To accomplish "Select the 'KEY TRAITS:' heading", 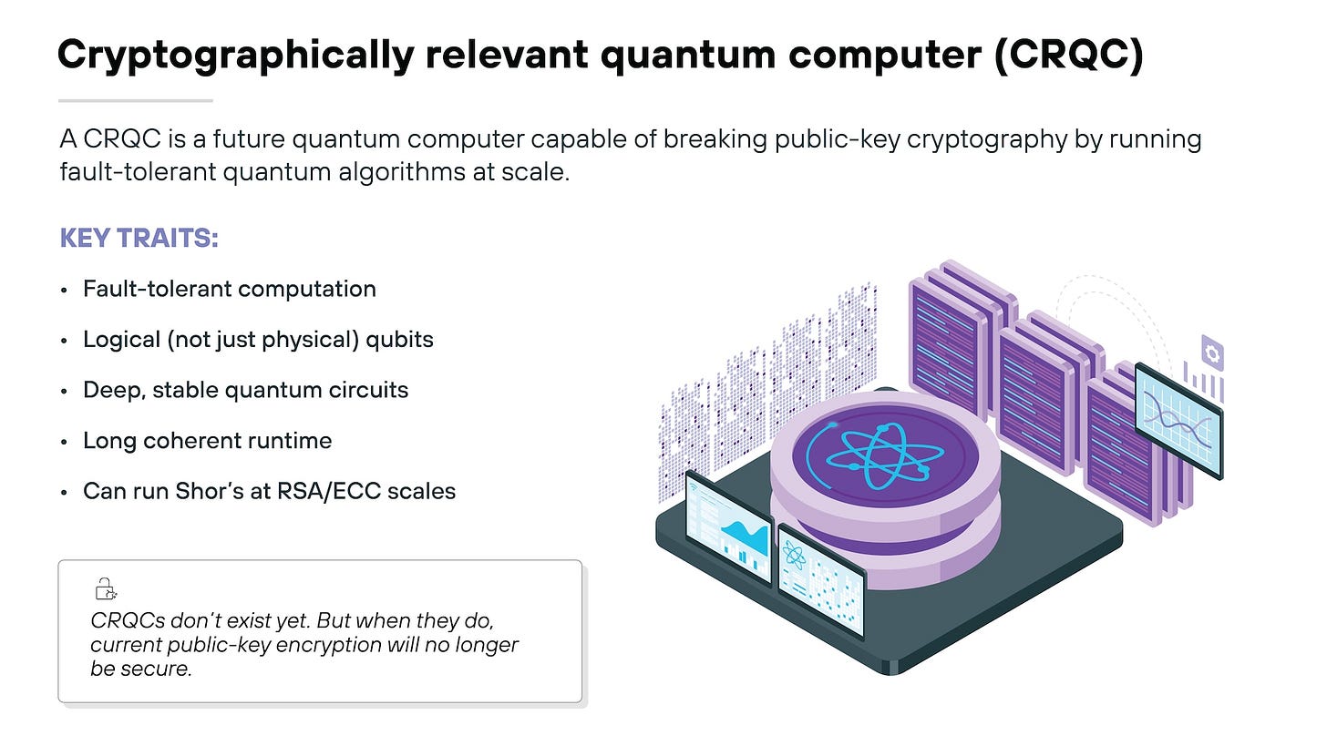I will tap(139, 239).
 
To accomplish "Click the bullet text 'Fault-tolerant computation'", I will tap(229, 289).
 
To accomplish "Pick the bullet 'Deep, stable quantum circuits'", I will tap(245, 390).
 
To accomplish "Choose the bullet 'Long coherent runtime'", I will tap(207, 441).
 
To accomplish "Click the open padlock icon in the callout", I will tap(107, 589).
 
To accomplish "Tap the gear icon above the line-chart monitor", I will tap(1211, 352).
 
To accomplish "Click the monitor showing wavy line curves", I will tap(1178, 421).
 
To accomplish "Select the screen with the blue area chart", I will tap(727, 527).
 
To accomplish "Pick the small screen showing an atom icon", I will tap(820, 578).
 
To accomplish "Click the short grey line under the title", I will tap(135, 100).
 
